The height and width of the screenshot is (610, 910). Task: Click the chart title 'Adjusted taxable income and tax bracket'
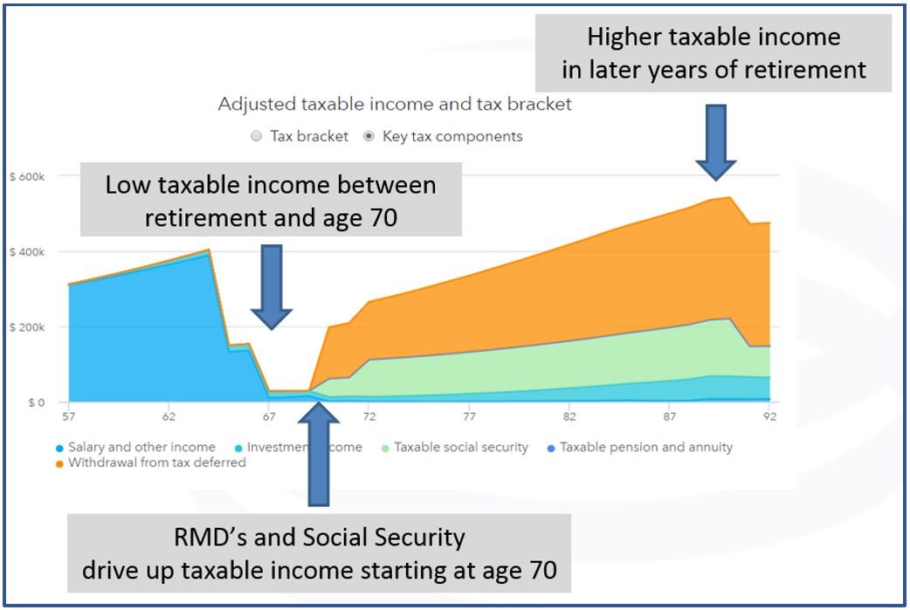[395, 104]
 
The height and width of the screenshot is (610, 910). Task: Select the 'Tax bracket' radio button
[256, 136]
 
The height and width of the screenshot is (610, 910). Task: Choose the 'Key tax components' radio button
[369, 136]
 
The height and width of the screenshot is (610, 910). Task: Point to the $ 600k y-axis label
[26, 176]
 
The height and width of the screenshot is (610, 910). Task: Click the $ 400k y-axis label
[26, 252]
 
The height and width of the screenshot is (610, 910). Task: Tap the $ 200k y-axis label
[26, 327]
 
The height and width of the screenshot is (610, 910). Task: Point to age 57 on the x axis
[69, 417]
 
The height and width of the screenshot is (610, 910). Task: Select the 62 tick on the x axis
[169, 417]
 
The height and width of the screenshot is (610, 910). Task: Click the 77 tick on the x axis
[470, 417]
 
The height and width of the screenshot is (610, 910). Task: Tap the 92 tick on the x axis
[770, 417]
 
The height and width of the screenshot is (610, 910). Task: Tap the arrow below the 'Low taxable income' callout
[272, 286]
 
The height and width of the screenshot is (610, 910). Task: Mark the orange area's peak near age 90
[730, 198]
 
